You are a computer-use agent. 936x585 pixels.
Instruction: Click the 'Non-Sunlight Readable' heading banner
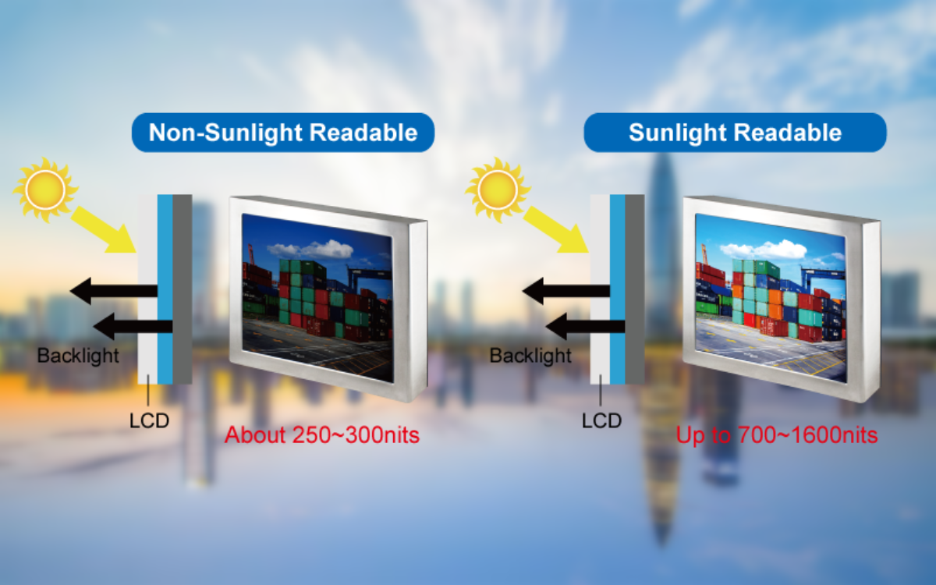pos(283,133)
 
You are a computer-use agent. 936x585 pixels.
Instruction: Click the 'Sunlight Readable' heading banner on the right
pos(735,133)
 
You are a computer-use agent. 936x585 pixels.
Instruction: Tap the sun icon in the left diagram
pos(45,190)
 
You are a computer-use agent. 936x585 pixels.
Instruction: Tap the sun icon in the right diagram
pos(498,190)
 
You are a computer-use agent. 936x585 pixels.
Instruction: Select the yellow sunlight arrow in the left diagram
pos(105,230)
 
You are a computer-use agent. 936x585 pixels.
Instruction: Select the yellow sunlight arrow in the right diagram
pos(557,230)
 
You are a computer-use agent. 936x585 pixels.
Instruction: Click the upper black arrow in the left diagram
pos(114,291)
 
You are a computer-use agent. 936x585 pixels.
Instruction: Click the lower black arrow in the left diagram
pos(133,326)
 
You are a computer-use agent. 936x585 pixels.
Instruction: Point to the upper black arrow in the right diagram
pos(566,291)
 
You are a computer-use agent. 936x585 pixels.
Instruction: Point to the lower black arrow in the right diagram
pos(586,326)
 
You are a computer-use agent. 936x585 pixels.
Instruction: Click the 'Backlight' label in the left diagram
pos(78,356)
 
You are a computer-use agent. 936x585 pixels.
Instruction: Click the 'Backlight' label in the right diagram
pos(530,356)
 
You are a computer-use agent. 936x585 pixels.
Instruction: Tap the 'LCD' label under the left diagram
pos(149,420)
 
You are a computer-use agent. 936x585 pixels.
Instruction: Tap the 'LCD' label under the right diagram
pos(601,420)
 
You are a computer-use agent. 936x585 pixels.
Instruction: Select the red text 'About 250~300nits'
pos(321,435)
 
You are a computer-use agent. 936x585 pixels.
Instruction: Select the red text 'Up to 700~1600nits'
pos(777,435)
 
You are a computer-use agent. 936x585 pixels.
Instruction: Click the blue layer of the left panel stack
pos(165,289)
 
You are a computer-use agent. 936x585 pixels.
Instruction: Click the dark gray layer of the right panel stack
pos(635,289)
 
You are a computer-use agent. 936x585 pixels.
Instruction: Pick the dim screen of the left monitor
pos(317,297)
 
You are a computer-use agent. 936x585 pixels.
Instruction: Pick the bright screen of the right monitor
pos(771,297)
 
